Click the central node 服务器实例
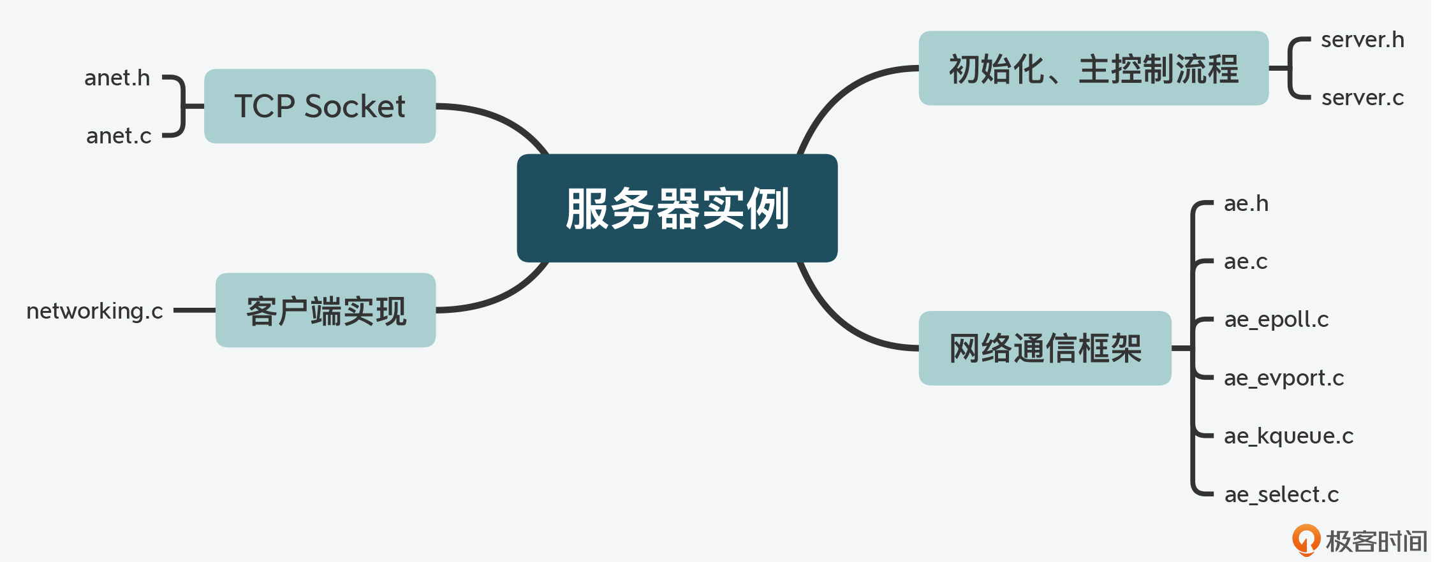click(x=677, y=208)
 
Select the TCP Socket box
click(x=320, y=106)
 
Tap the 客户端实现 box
click(x=326, y=310)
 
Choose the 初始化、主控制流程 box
click(x=1094, y=68)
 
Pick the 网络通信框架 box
click(x=1045, y=348)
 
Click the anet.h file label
click(x=117, y=78)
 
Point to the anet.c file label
click(x=119, y=136)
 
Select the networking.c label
click(x=95, y=311)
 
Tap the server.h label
click(x=1362, y=40)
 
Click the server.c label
click(x=1362, y=97)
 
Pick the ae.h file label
click(x=1246, y=203)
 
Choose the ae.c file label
click(x=1246, y=261)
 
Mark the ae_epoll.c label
click(x=1276, y=319)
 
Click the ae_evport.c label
click(x=1284, y=378)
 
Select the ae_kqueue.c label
click(x=1288, y=436)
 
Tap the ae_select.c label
click(x=1281, y=494)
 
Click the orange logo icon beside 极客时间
click(x=1306, y=540)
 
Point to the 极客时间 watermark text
click(x=1376, y=542)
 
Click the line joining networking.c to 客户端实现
click(x=195, y=310)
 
